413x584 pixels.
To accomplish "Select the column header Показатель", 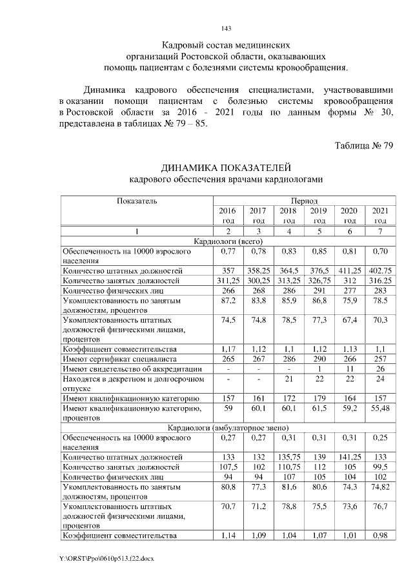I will (x=137, y=201).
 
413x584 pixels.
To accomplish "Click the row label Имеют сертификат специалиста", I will (x=119, y=359).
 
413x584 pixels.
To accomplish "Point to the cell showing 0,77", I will (x=227, y=251).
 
